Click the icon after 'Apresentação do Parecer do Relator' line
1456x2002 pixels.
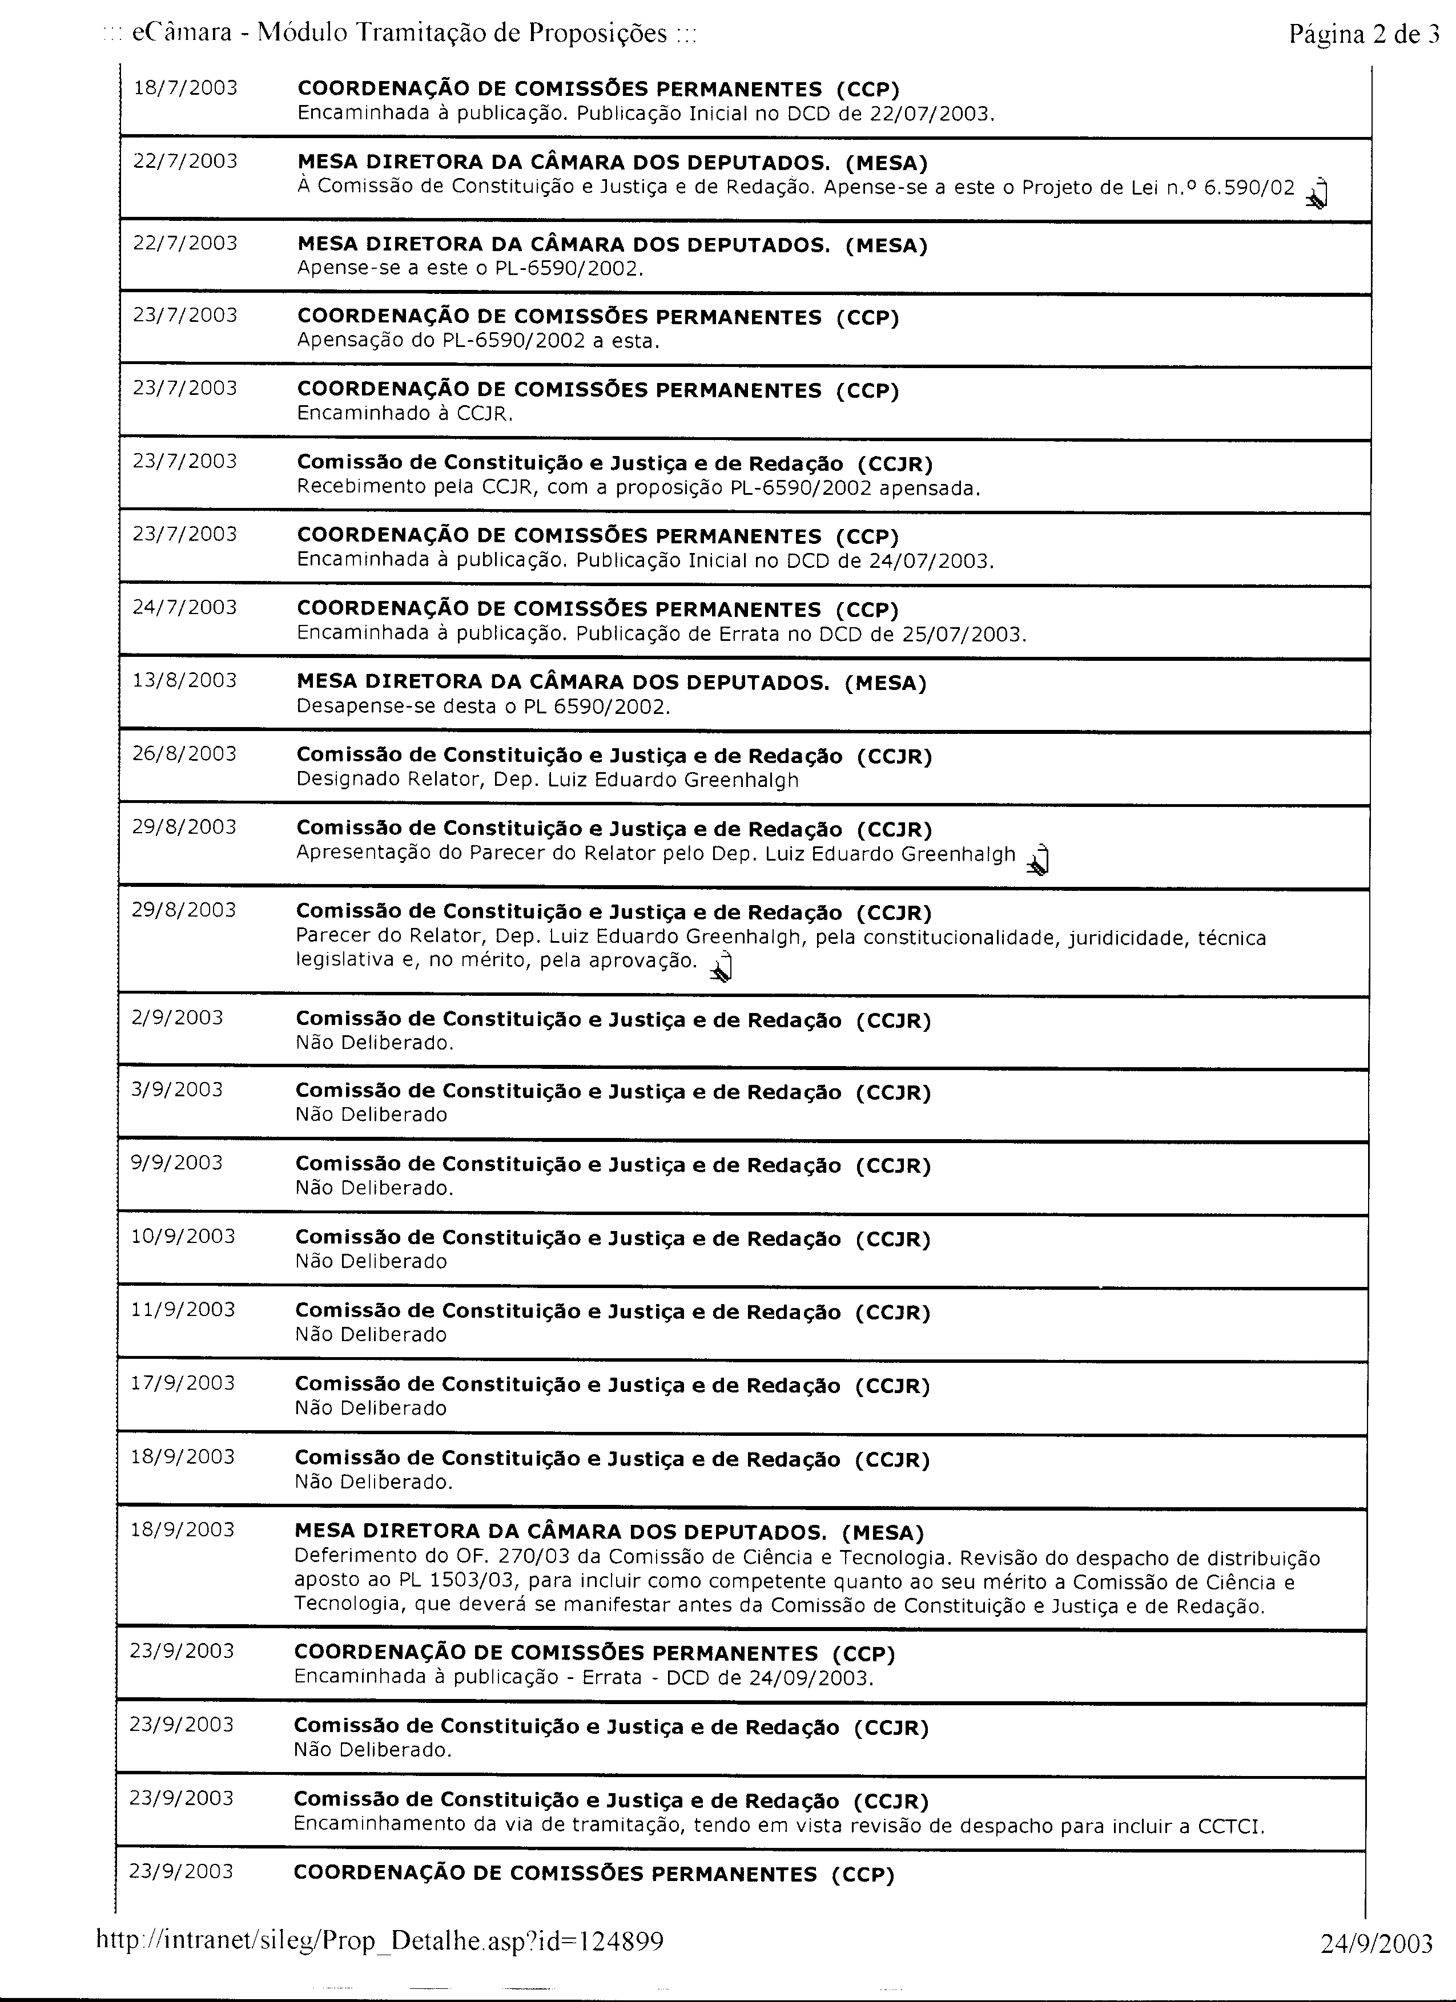tap(1039, 860)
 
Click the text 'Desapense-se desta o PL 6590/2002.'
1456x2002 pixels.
tap(483, 707)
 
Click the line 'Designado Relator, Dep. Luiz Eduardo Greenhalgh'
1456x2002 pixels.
tap(548, 780)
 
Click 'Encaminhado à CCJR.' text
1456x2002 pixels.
tap(404, 413)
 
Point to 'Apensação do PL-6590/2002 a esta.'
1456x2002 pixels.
tap(478, 341)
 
